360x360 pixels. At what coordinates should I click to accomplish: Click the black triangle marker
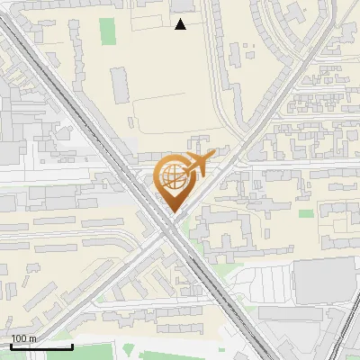(x=181, y=24)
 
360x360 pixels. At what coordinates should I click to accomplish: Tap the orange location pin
(x=174, y=181)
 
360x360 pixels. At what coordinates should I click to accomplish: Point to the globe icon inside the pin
(x=173, y=176)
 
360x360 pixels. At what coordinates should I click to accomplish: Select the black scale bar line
(x=41, y=346)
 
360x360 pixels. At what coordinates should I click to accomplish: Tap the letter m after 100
(x=32, y=338)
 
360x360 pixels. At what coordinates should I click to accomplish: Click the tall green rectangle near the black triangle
(x=109, y=31)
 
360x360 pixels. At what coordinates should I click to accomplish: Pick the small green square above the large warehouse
(x=306, y=214)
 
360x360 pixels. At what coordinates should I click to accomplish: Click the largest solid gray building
(x=326, y=281)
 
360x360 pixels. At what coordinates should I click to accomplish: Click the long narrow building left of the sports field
(x=120, y=84)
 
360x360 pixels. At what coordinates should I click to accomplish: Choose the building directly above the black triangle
(x=181, y=6)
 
